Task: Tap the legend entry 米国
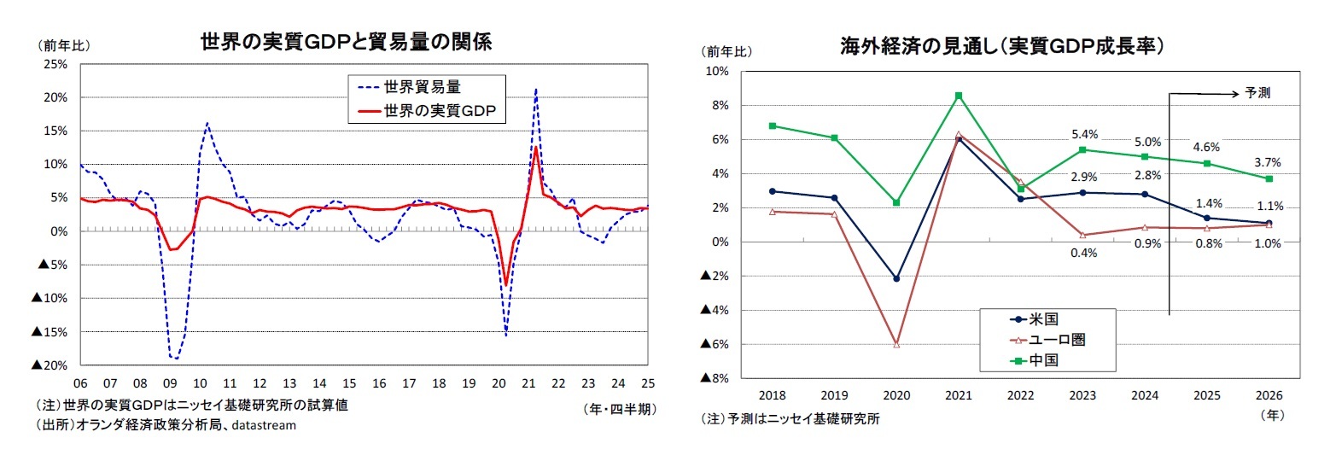click(1043, 318)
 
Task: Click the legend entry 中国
click(1043, 359)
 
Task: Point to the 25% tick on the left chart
click(55, 64)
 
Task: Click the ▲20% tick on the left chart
click(50, 365)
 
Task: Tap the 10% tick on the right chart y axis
click(715, 72)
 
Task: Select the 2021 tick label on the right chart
click(958, 396)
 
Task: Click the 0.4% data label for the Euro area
click(1082, 253)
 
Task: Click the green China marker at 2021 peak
click(959, 96)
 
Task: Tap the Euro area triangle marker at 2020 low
click(896, 344)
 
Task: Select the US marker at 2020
click(896, 278)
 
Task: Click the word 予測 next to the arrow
click(1257, 93)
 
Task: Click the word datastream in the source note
click(260, 425)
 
